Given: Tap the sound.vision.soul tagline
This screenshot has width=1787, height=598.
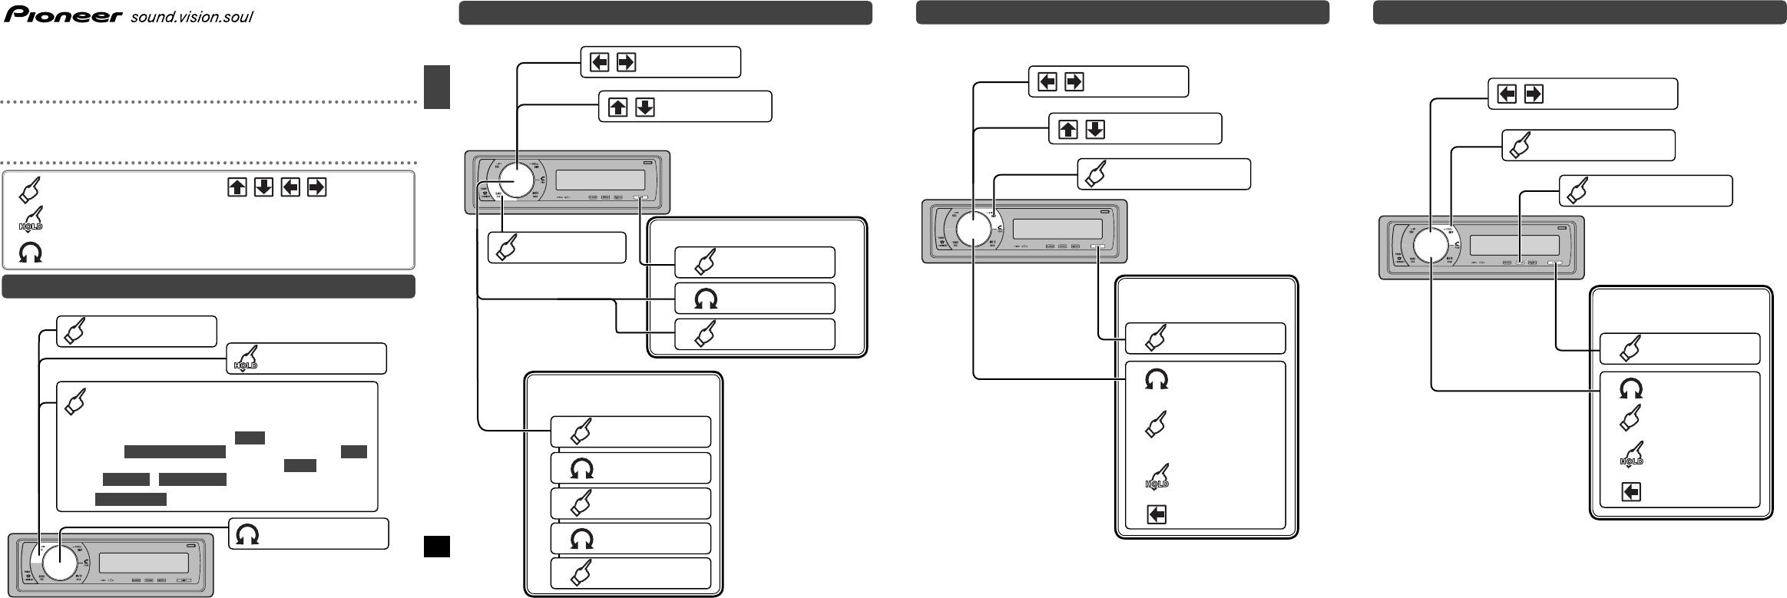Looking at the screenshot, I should [x=192, y=18].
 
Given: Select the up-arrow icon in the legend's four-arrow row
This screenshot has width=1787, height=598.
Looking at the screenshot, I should [x=237, y=187].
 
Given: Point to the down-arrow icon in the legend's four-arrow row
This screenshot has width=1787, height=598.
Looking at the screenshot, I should [x=263, y=187].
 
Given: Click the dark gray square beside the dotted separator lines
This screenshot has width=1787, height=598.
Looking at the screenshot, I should [x=436, y=87].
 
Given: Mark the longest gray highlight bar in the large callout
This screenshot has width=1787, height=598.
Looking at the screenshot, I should [x=175, y=451].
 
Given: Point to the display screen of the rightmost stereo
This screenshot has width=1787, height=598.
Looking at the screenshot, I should [x=1514, y=246].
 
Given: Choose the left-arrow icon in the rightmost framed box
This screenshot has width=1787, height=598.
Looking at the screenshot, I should [x=1631, y=491].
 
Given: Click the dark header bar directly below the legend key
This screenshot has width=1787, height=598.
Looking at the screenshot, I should [x=208, y=286].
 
